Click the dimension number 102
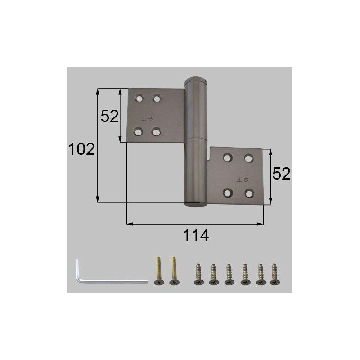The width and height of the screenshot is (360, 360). [81, 149]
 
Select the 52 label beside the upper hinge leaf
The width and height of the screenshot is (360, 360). [109, 116]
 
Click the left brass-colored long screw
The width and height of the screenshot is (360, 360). [158, 270]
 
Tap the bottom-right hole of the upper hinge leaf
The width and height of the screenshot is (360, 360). [156, 132]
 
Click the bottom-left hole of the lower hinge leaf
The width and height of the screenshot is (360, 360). [228, 193]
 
